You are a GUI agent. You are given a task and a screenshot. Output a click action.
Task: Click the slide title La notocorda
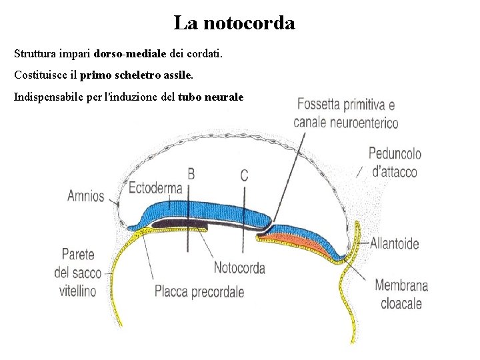click(x=234, y=23)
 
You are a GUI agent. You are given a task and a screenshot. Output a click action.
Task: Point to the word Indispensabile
click(x=45, y=97)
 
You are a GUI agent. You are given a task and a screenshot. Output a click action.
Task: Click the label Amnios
click(x=86, y=196)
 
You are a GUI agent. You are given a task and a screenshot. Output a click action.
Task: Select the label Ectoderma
click(x=155, y=187)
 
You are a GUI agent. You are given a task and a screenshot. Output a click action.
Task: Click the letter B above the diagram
click(x=191, y=174)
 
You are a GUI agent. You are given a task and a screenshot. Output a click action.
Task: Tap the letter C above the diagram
click(x=244, y=175)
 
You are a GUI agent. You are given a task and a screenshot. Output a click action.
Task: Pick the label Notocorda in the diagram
click(x=239, y=268)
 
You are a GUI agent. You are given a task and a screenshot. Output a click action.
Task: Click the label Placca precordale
click(x=199, y=291)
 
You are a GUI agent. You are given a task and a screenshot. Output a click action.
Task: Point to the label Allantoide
click(x=395, y=243)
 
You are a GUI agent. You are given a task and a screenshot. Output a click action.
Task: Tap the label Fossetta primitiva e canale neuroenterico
click(x=345, y=113)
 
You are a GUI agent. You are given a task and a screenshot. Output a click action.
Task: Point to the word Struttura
click(x=34, y=52)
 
